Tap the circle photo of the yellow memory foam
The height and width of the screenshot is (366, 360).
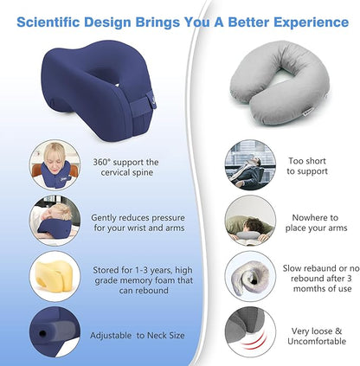55,276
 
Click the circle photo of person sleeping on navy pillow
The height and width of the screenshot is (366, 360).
55,222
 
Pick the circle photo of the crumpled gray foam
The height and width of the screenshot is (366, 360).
250,276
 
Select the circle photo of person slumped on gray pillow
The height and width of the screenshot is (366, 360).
250,222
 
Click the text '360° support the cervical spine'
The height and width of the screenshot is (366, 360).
125,168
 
